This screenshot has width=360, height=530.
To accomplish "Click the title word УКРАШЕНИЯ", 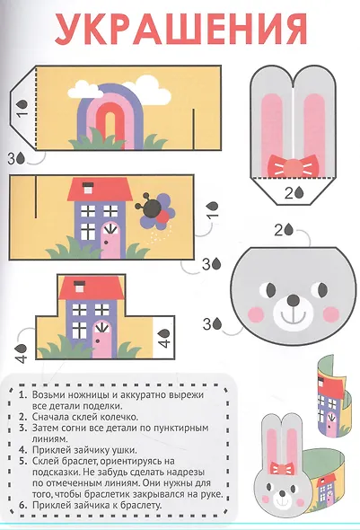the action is click(181, 29).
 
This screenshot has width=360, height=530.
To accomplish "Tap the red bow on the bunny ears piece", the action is click(294, 166).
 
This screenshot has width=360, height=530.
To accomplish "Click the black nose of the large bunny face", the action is click(293, 300).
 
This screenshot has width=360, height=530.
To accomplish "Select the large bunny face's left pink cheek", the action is click(256, 314).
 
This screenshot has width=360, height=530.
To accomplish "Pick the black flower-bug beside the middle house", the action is click(152, 208).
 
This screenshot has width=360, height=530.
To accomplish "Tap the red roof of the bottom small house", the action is click(92, 288).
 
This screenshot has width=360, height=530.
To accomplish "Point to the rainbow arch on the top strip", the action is click(110, 115).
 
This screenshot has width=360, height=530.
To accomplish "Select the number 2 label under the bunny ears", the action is click(289, 193).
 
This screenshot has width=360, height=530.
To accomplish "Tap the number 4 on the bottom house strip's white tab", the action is click(164, 343).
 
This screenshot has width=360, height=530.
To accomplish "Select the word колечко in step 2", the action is click(121, 417).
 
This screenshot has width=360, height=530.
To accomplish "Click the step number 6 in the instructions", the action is click(23, 506).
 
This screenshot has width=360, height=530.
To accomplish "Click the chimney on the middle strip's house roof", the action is click(88, 187).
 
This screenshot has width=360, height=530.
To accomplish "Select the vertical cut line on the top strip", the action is click(194, 128).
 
